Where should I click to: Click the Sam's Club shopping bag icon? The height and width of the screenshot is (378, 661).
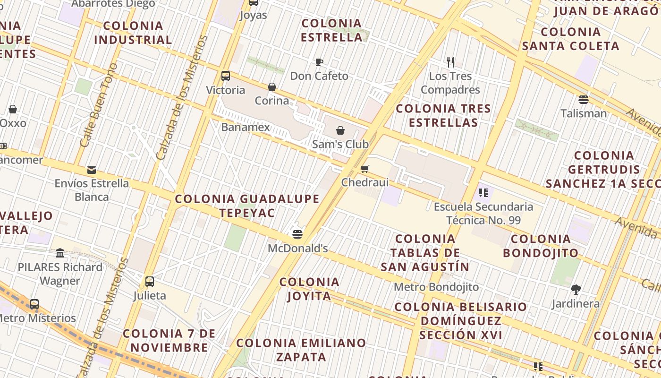pyautogui.click(x=340, y=130)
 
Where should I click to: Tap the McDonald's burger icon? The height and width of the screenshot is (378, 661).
pyautogui.click(x=297, y=234)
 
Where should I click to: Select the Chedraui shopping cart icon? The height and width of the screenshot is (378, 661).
pyautogui.click(x=364, y=169)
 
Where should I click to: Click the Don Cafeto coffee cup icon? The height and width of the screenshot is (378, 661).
pyautogui.click(x=319, y=62)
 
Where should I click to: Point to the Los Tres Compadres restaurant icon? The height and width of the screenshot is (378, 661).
pyautogui.click(x=450, y=62)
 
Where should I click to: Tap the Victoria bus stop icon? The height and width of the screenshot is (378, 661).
pyautogui.click(x=226, y=76)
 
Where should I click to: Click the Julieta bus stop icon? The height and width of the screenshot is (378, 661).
pyautogui.click(x=150, y=282)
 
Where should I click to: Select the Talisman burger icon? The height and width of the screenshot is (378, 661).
pyautogui.click(x=584, y=99)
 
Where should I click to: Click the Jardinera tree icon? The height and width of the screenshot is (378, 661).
pyautogui.click(x=576, y=289)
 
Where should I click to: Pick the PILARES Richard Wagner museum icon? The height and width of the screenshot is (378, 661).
pyautogui.click(x=60, y=253)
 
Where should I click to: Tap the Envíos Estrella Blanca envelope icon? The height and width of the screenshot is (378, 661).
pyautogui.click(x=92, y=170)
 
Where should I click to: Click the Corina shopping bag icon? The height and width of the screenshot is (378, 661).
pyautogui.click(x=272, y=87)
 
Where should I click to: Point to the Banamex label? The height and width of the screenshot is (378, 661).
pyautogui.click(x=246, y=127)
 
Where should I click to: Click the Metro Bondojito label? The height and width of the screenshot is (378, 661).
pyautogui.click(x=436, y=287)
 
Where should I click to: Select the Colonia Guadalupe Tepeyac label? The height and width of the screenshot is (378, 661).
pyautogui.click(x=247, y=206)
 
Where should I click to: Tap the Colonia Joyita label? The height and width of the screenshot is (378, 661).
pyautogui.click(x=309, y=289)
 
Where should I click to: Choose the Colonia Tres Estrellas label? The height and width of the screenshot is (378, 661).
pyautogui.click(x=443, y=115)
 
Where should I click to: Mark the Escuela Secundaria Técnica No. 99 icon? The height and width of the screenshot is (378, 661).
pyautogui.click(x=483, y=192)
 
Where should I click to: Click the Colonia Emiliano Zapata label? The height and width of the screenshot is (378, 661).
pyautogui.click(x=301, y=350)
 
